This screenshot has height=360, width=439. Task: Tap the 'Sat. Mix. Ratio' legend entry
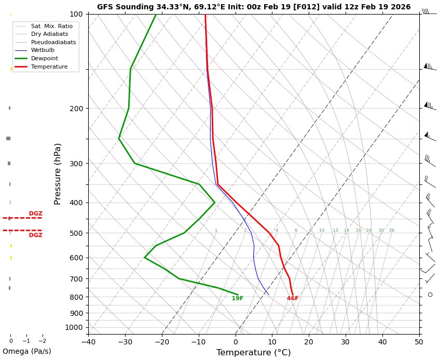[51, 25]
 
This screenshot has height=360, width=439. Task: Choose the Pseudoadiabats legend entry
[53, 42]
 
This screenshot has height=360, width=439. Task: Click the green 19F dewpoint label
[237, 298]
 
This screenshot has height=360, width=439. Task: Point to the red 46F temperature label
[293, 298]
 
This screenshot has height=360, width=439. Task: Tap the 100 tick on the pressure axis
[76, 14]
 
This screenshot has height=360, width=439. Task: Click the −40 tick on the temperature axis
[88, 341]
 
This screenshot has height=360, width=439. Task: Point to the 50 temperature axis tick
[419, 341]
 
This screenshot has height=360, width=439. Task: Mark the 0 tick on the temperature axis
[236, 341]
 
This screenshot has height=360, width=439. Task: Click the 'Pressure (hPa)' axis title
[58, 174]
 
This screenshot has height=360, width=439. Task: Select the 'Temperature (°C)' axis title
[253, 353]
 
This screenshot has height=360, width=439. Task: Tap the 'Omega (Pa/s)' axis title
[27, 351]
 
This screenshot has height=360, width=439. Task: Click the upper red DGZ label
[35, 214]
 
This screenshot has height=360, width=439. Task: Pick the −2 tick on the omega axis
[42, 341]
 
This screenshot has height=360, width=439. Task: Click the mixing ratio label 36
[391, 230]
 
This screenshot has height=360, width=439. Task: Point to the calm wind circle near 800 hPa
[430, 295]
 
